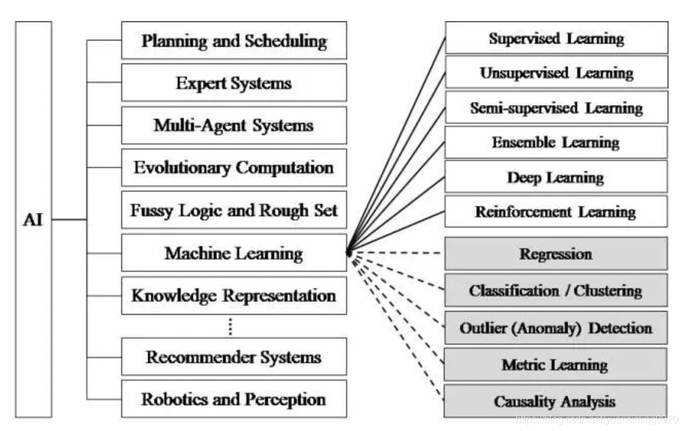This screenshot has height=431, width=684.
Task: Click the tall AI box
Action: (33, 219)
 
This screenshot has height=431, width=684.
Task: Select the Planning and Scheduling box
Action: (234, 41)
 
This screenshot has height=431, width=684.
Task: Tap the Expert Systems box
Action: (234, 83)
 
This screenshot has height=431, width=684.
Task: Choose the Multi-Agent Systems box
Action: (234, 125)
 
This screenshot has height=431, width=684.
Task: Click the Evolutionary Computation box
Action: (234, 167)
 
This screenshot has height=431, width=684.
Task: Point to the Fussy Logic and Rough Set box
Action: (234, 210)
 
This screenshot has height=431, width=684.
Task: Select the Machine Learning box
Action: (234, 253)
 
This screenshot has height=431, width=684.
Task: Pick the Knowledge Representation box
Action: (234, 295)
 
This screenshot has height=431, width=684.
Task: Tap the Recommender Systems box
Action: (234, 357)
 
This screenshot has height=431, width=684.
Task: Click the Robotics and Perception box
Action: (234, 399)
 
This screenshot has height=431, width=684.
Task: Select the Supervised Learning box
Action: (556, 38)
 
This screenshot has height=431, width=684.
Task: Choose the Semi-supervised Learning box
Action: (556, 108)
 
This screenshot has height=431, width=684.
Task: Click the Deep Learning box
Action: (556, 178)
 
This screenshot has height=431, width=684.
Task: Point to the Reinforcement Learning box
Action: (556, 212)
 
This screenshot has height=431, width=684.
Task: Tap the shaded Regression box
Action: (556, 254)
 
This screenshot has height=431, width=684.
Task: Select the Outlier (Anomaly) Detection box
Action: (556, 327)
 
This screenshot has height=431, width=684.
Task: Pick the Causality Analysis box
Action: (556, 401)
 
